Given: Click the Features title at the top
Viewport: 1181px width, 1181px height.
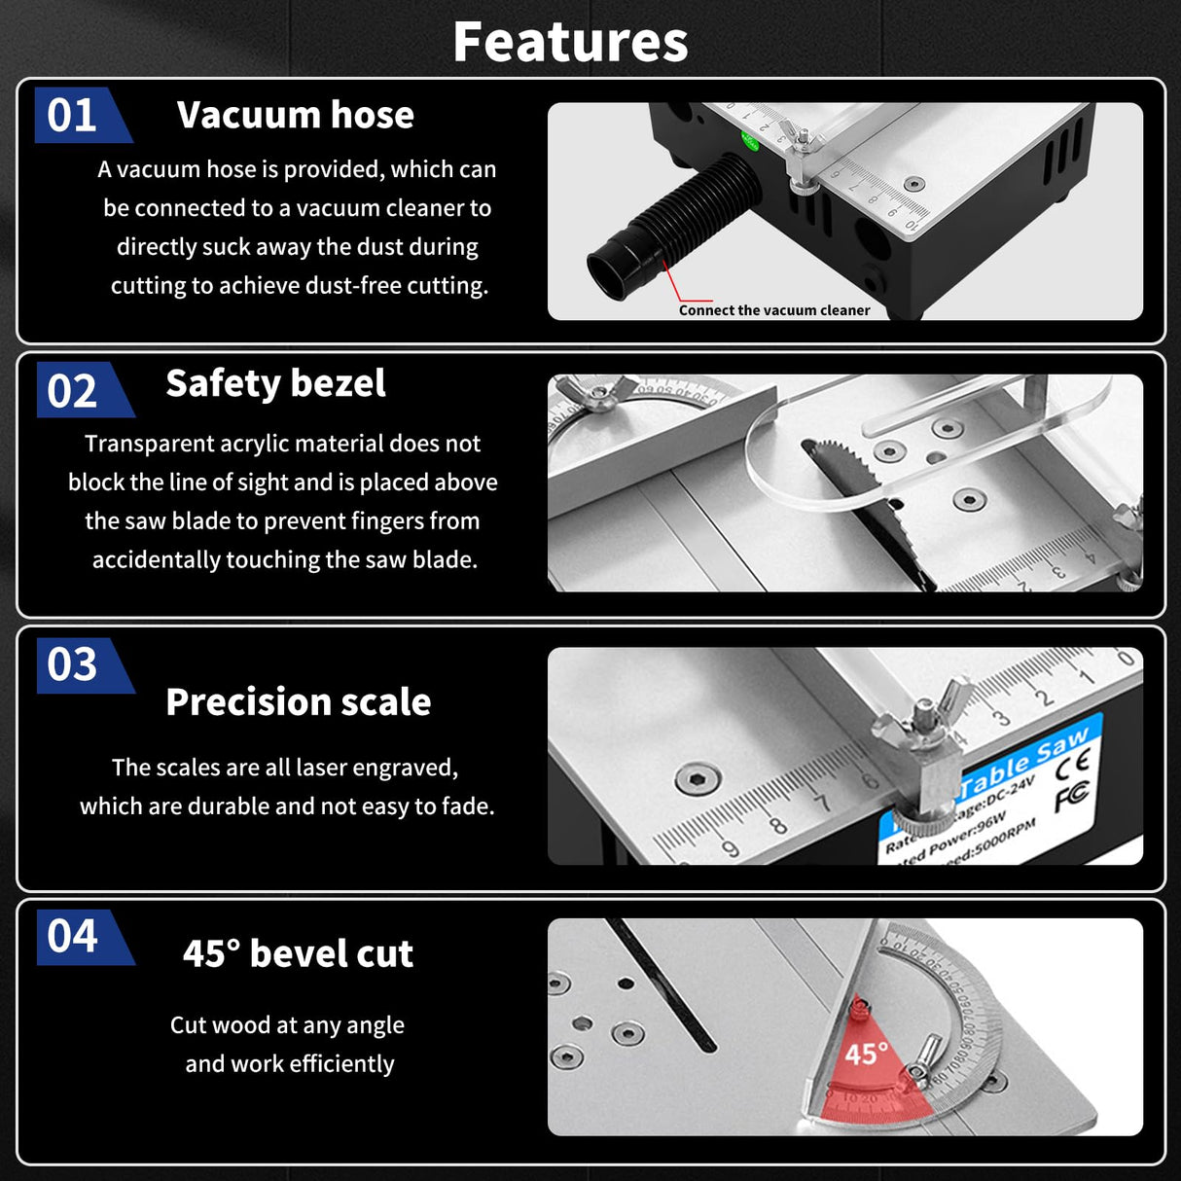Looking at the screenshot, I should (x=570, y=42).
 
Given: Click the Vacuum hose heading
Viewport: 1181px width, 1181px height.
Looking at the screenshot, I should (x=295, y=115).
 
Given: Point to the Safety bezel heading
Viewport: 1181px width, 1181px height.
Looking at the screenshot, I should (x=275, y=383).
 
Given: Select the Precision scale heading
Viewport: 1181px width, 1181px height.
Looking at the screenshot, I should (x=298, y=701).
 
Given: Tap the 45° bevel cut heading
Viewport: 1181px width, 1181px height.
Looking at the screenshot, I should (x=298, y=953).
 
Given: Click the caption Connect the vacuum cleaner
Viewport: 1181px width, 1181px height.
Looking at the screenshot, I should (x=774, y=310).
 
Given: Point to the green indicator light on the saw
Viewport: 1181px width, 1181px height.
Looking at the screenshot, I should (x=750, y=140).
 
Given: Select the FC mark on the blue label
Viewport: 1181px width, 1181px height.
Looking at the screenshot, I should (x=1071, y=797).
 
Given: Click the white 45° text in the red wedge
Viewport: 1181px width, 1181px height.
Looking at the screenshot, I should (x=865, y=1054).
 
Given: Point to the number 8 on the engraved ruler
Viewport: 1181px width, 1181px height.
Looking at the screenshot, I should (x=778, y=826).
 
